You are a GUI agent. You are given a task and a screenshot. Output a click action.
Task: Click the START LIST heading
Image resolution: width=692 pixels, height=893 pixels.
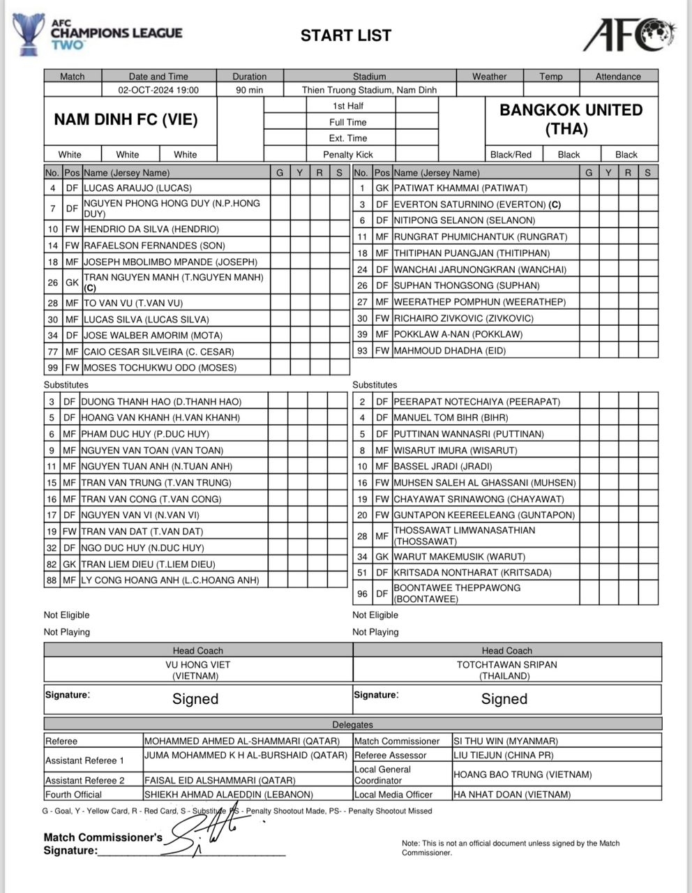(x=346, y=36)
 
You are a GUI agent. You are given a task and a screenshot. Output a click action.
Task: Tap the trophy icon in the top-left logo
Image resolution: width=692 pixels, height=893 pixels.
(x=29, y=33)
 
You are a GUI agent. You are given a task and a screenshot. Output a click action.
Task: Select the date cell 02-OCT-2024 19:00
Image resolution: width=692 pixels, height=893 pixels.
(x=158, y=90)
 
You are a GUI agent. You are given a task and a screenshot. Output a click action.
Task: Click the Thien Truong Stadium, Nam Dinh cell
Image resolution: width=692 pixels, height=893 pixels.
(x=369, y=90)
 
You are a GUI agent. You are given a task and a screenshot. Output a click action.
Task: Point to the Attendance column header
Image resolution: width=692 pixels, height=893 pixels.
(x=618, y=77)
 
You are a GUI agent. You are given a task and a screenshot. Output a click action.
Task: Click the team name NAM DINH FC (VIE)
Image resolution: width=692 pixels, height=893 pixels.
(x=126, y=119)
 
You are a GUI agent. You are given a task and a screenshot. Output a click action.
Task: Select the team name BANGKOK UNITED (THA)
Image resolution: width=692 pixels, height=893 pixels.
(x=571, y=119)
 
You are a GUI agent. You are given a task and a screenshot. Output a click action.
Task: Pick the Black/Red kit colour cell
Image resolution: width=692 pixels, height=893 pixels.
(x=511, y=155)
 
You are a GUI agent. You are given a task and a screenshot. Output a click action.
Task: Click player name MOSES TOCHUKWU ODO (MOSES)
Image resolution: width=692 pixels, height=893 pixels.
(x=160, y=368)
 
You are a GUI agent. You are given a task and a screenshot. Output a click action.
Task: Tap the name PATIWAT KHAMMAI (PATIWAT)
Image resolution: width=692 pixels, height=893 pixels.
(x=460, y=188)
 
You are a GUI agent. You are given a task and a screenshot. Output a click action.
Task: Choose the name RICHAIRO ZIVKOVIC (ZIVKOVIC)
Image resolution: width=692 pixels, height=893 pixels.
(x=463, y=318)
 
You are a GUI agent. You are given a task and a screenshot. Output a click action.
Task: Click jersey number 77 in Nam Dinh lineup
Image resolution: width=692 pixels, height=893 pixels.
(x=52, y=352)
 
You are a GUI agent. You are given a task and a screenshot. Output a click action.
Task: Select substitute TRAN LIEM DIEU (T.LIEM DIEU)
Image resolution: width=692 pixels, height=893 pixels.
(x=148, y=564)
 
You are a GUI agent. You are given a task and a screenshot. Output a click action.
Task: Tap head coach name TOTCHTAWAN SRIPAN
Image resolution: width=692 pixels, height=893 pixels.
(x=506, y=665)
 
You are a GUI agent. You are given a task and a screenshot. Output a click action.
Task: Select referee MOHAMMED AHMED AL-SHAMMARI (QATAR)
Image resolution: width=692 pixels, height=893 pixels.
(x=242, y=741)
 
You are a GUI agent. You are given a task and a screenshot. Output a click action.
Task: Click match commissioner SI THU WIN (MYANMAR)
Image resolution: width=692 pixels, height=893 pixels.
(x=505, y=741)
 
